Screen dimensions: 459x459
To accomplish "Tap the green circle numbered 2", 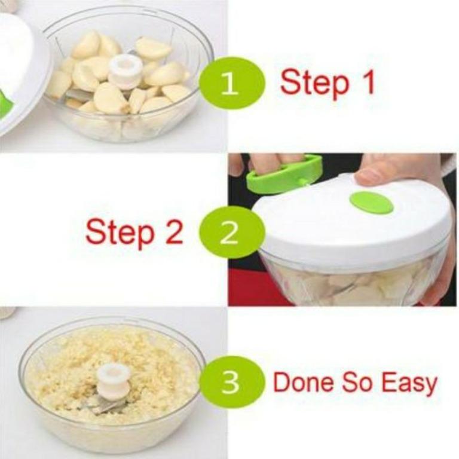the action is click(229, 232).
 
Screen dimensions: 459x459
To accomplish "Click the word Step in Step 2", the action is click(120, 233).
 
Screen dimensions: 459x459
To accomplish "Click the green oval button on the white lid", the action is click(371, 203).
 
